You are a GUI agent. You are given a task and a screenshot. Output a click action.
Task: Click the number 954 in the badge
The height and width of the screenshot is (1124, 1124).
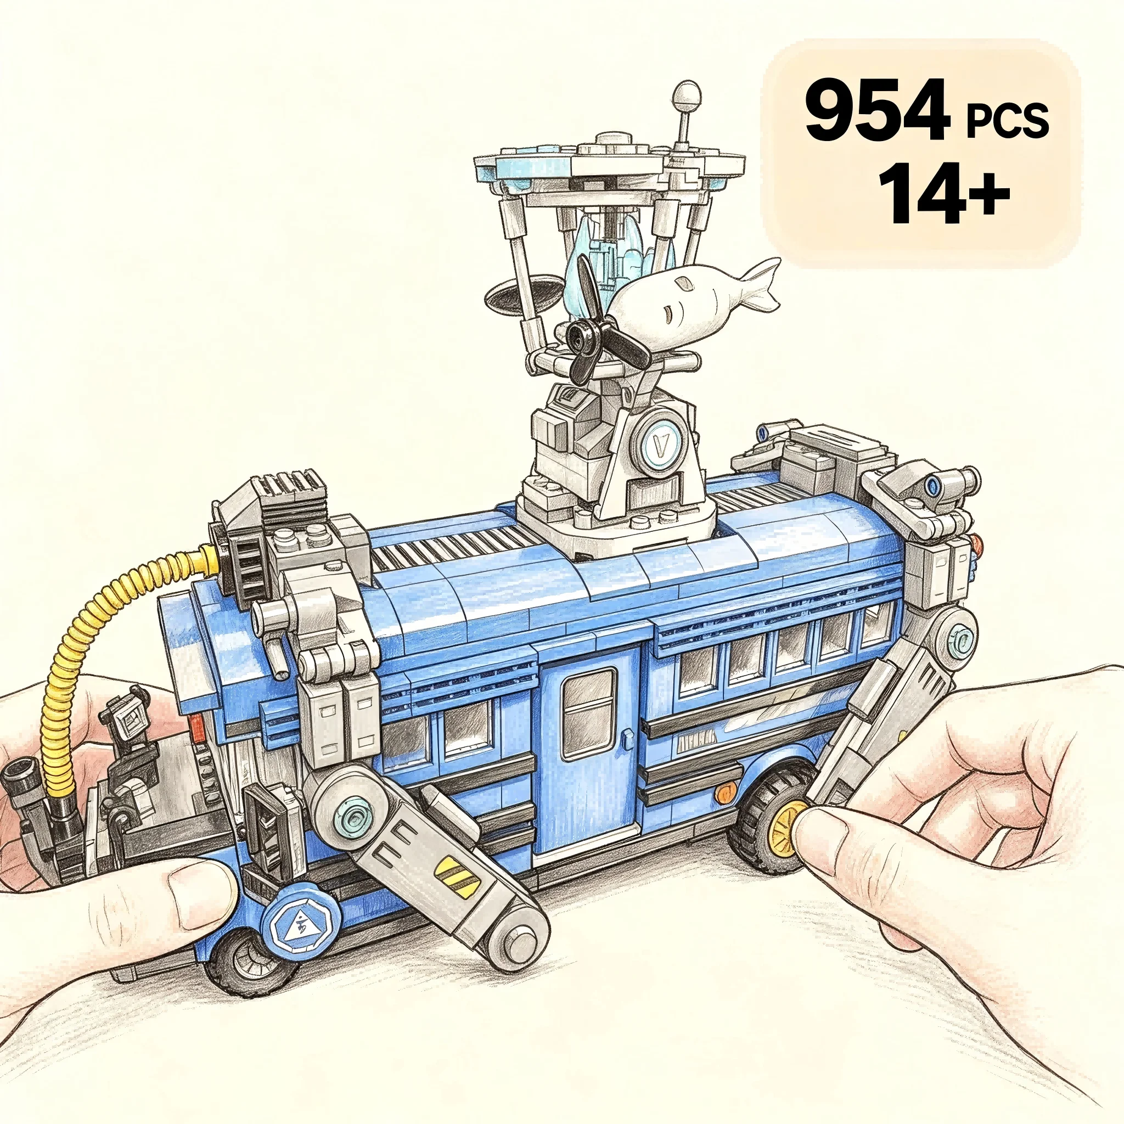pyautogui.click(x=878, y=111)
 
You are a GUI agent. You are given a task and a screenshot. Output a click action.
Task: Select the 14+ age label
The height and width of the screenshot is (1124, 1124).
pyautogui.click(x=943, y=193)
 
